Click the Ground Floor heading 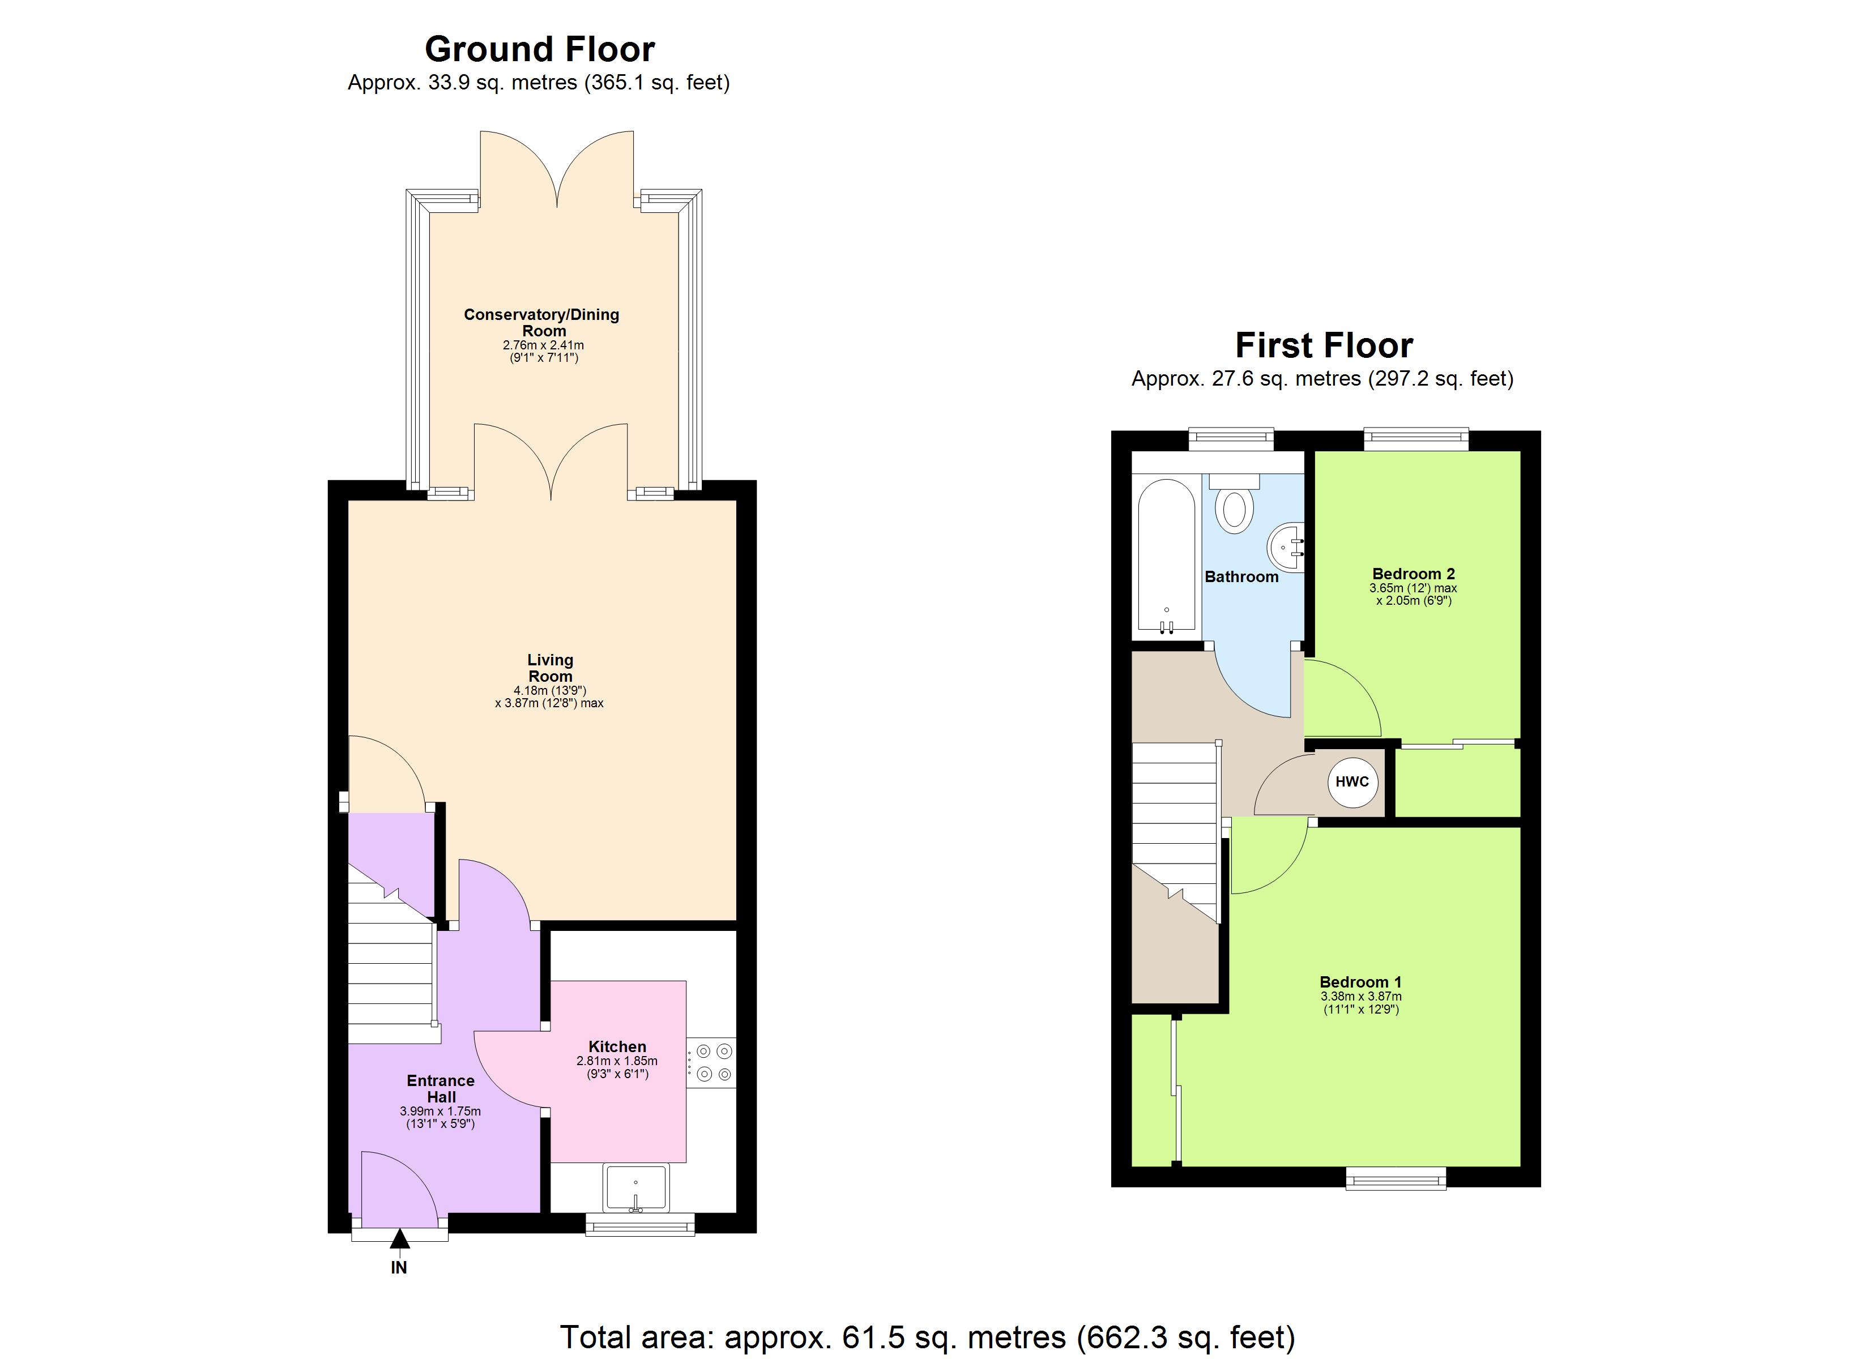[x=539, y=49]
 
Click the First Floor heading [x=1324, y=345]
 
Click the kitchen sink [x=635, y=1187]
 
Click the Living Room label [x=550, y=668]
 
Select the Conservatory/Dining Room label [x=541, y=322]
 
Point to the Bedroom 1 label [x=1360, y=981]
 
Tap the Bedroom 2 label [x=1413, y=574]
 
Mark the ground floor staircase [x=391, y=972]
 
